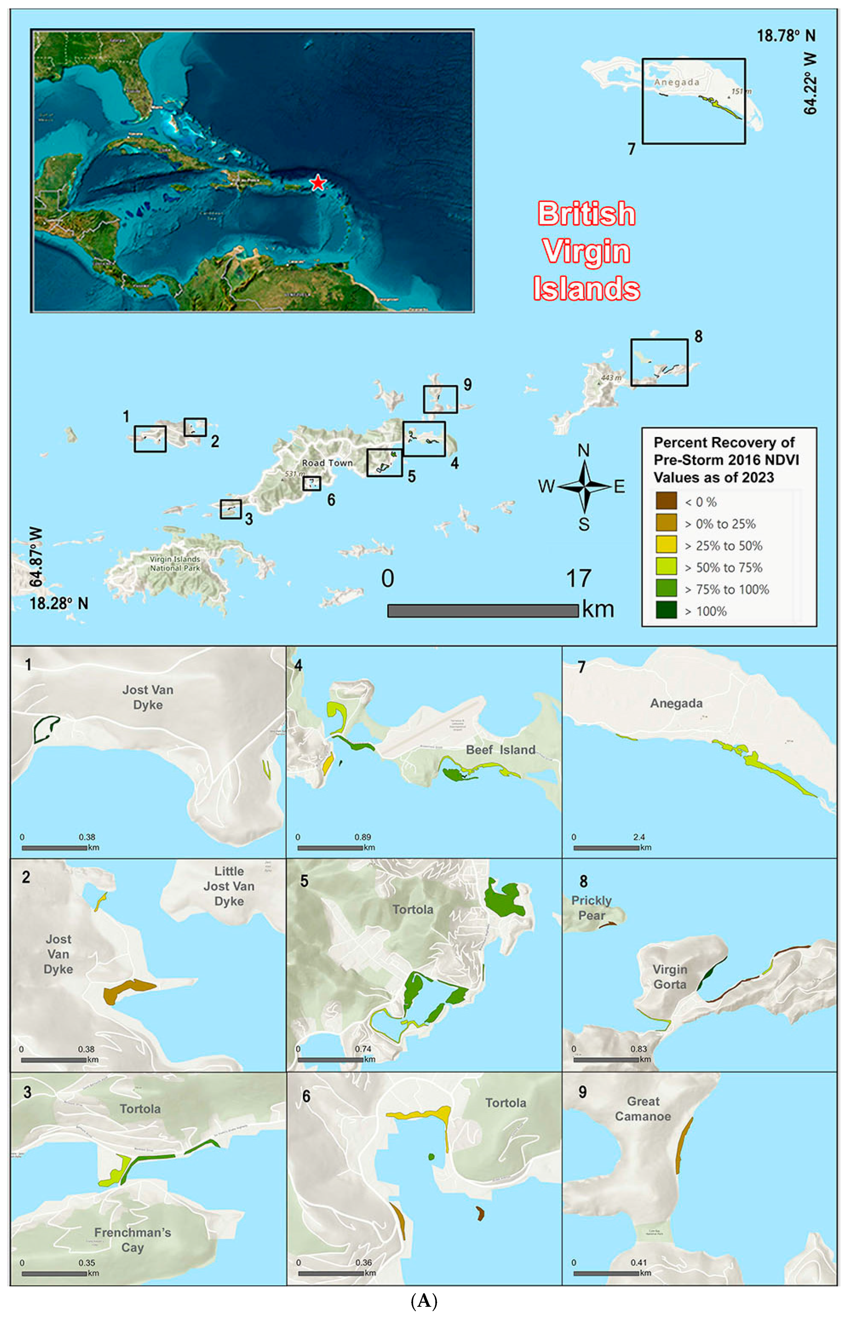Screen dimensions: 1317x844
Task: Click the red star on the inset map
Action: [317, 183]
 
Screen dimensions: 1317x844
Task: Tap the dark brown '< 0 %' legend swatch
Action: [666, 501]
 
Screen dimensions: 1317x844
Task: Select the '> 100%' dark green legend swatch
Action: [666, 611]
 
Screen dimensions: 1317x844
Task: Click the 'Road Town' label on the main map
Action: [327, 463]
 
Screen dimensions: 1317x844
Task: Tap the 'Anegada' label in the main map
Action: [677, 82]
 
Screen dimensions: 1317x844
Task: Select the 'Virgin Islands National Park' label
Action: [175, 564]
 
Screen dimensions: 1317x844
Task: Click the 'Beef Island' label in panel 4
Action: [500, 750]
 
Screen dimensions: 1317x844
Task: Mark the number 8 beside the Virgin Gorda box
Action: [698, 336]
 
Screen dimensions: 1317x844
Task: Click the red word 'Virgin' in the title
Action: [586, 251]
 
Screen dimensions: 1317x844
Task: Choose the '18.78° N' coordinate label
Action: [786, 36]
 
